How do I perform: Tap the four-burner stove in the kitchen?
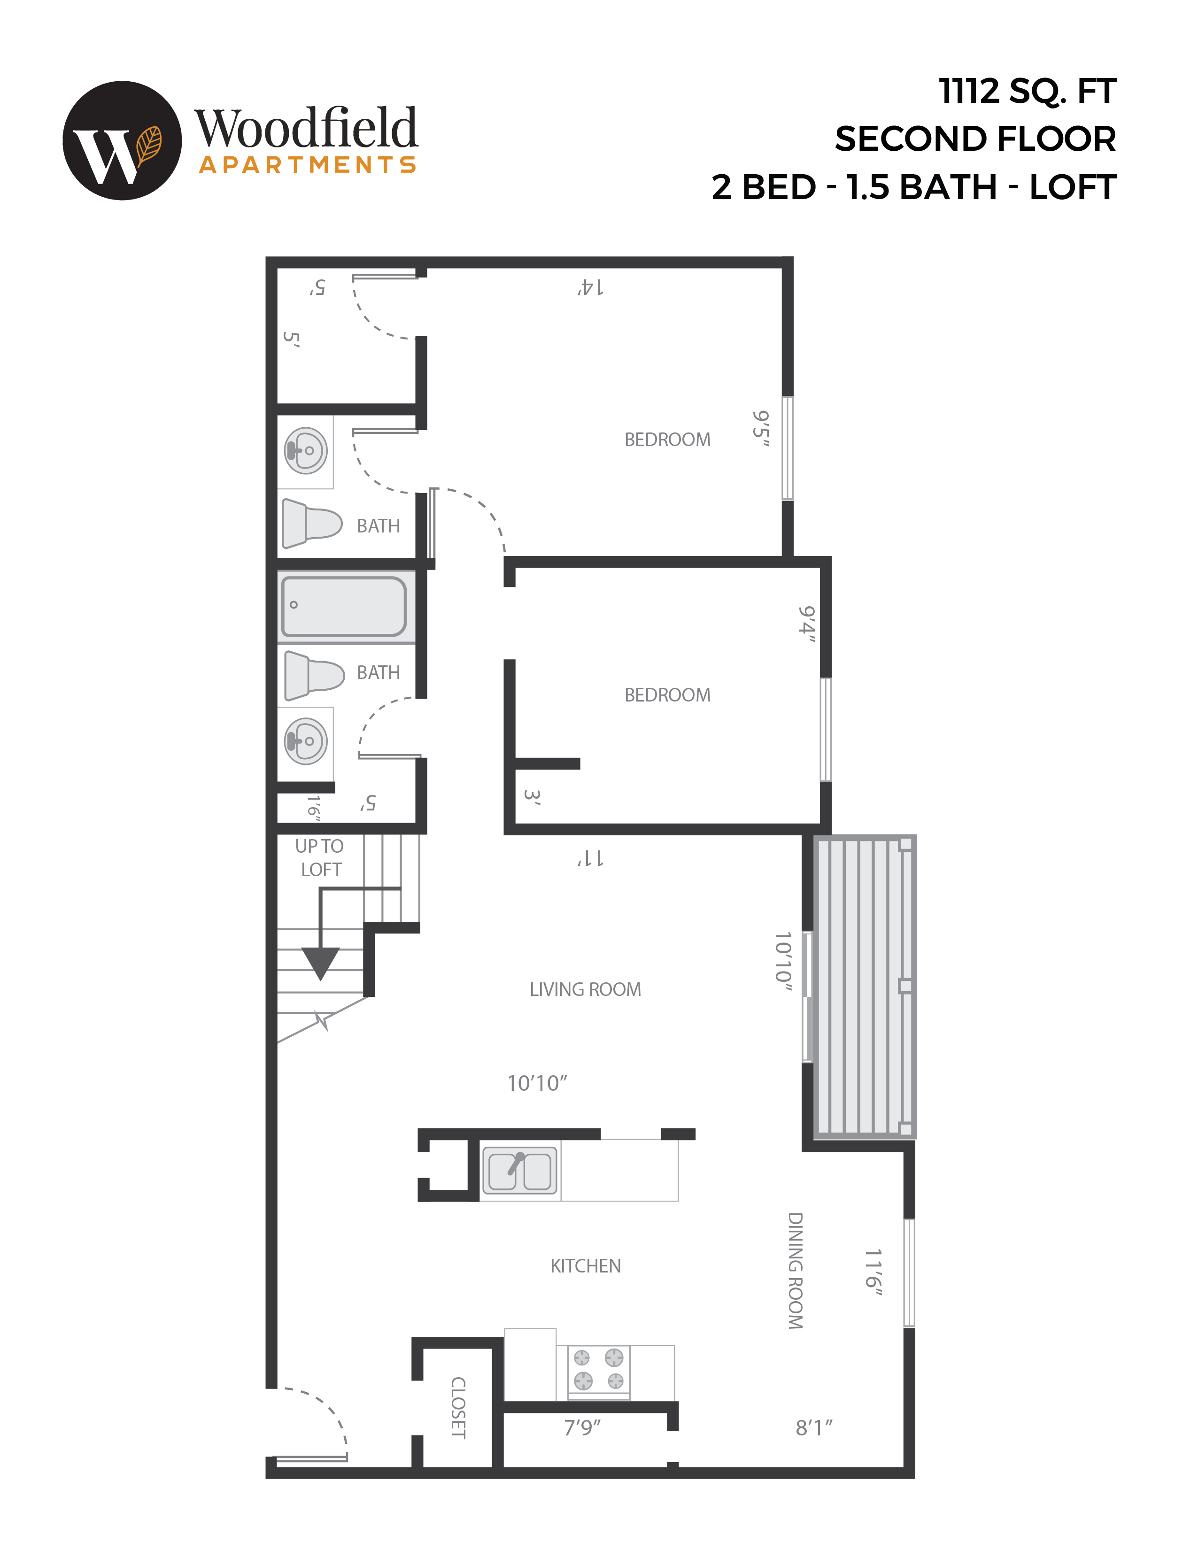coord(598,1369)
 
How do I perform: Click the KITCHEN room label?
coord(586,1266)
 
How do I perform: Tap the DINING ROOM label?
coord(796,1270)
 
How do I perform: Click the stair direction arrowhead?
coord(321,963)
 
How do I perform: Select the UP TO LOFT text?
coord(320,857)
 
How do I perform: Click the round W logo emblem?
coord(122,140)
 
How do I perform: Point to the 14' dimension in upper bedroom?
coord(590,287)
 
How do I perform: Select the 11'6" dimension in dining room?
coord(873,1272)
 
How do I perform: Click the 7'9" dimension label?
coord(582,1427)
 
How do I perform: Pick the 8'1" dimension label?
coord(814,1427)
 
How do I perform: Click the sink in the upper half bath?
coord(306,450)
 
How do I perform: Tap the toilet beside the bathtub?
coord(313,675)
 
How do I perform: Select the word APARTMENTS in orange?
coord(307,165)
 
